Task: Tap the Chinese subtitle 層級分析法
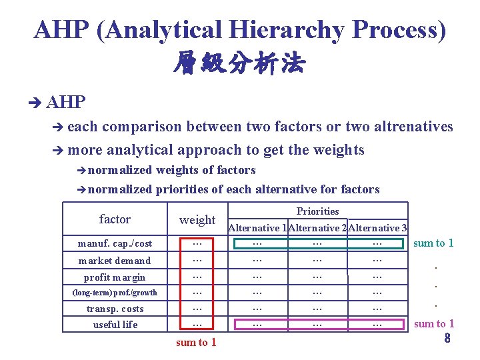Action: pyautogui.click(x=239, y=65)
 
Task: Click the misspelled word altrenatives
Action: pyautogui.click(x=411, y=127)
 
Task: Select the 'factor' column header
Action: pyautogui.click(x=115, y=219)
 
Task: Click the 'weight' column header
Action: pyautogui.click(x=197, y=220)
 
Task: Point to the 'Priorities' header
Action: pyautogui.click(x=317, y=211)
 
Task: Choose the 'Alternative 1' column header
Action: pyautogui.click(x=258, y=228)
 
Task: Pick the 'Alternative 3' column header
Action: pyautogui.click(x=377, y=228)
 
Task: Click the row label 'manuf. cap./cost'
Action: pyautogui.click(x=115, y=244)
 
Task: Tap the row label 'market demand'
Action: pyautogui.click(x=115, y=261)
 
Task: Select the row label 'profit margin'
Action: pyautogui.click(x=115, y=277)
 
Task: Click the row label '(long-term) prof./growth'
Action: pyautogui.click(x=115, y=293)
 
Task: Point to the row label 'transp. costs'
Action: pyautogui.click(x=115, y=309)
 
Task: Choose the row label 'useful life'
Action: pyautogui.click(x=115, y=325)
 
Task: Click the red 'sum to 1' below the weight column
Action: pyautogui.click(x=196, y=343)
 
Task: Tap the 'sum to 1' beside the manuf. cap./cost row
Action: pyautogui.click(x=433, y=243)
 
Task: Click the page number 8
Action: pyautogui.click(x=447, y=339)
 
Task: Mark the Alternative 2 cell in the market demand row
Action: pyautogui.click(x=317, y=260)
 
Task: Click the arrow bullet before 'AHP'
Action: pyautogui.click(x=35, y=102)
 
